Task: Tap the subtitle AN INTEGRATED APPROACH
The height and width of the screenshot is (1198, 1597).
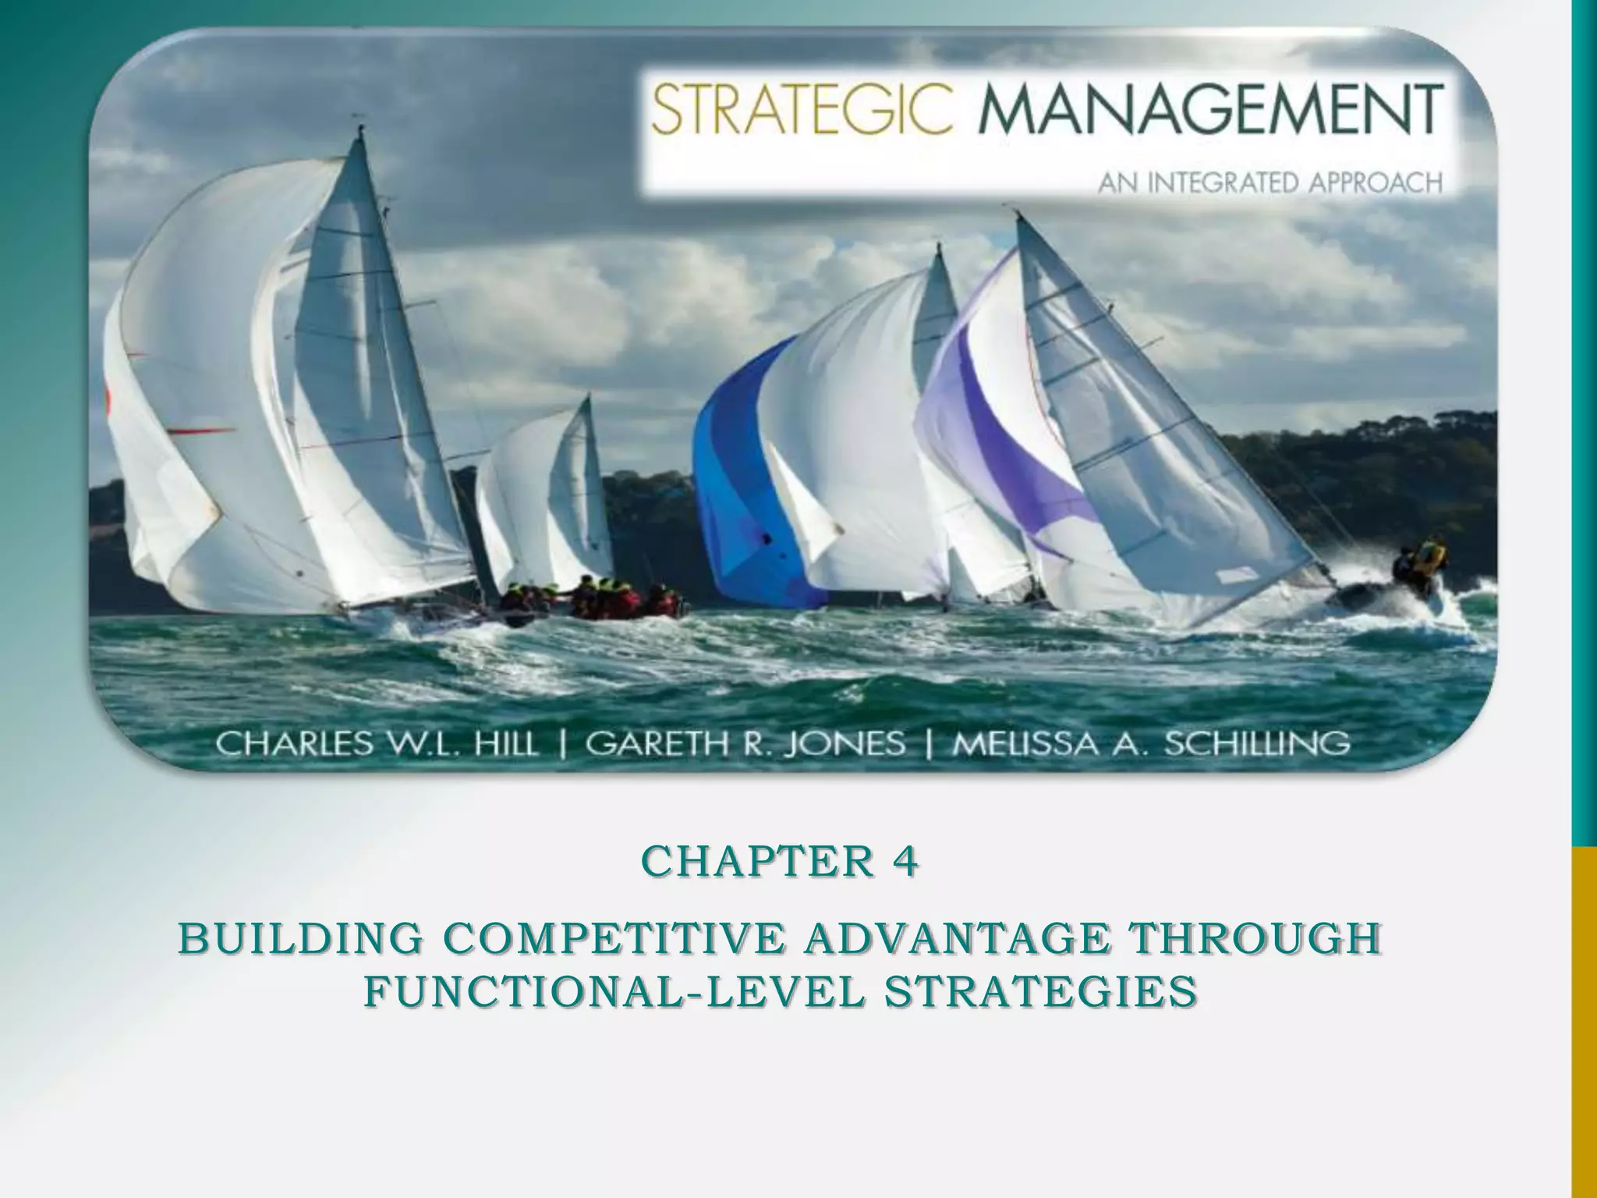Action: coord(1270,183)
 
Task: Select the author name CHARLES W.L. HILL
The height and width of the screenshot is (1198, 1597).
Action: coord(377,743)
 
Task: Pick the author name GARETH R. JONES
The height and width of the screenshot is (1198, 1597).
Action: coord(745,743)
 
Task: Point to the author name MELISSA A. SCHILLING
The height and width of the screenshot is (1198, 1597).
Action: coord(1152,743)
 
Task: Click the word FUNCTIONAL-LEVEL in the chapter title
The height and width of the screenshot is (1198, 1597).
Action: coord(615,992)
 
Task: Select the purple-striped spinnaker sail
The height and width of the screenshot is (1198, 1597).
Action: coord(1006,421)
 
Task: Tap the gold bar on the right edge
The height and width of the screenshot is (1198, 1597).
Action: coord(1584,1022)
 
